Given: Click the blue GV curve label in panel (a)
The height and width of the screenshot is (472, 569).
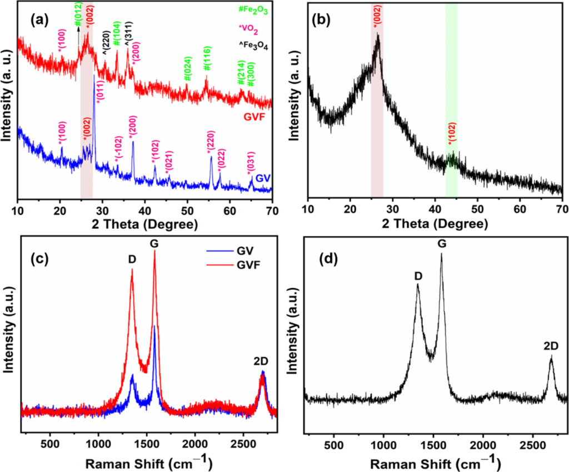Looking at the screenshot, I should point(263,178).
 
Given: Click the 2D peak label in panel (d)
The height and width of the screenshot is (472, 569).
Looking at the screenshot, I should point(551,347).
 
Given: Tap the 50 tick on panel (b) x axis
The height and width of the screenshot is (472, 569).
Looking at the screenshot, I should point(477,210).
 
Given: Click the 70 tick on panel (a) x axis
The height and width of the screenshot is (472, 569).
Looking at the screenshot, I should point(272,210).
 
